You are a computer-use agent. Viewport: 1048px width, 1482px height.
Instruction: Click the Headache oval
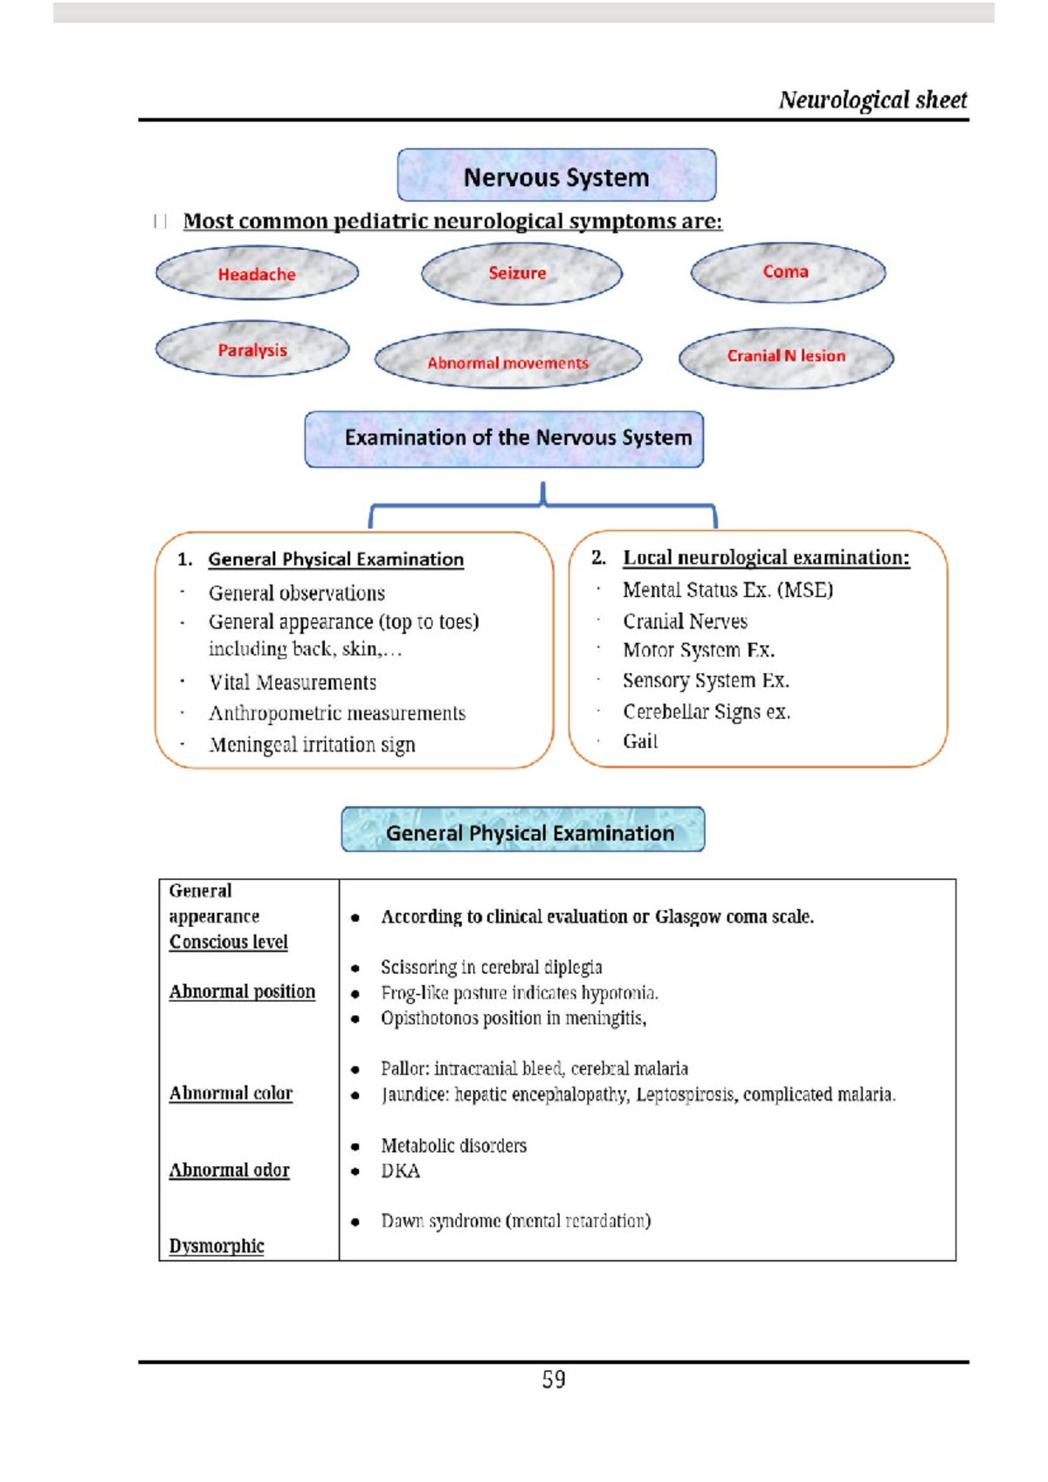point(257,274)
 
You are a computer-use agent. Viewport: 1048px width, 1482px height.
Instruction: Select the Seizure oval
point(521,273)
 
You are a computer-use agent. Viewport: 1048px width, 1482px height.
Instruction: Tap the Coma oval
point(788,272)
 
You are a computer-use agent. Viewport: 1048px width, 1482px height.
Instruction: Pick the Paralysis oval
point(252,350)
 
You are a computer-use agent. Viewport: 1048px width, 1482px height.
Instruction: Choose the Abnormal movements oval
point(507,360)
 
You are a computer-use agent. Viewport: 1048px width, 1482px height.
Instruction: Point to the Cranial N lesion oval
point(786,356)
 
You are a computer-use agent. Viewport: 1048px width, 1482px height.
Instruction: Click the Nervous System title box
point(556,176)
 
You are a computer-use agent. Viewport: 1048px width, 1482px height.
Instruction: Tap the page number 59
point(554,1379)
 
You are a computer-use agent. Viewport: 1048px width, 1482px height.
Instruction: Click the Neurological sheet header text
point(872,100)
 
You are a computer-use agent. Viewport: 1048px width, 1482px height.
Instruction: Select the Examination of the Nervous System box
point(504,438)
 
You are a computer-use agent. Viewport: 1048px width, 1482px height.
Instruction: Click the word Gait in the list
point(640,741)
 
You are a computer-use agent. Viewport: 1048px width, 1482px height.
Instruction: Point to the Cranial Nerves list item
point(685,621)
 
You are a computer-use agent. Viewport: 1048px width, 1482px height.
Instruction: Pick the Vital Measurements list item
point(293,683)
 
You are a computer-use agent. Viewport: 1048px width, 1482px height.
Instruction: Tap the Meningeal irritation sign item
point(312,744)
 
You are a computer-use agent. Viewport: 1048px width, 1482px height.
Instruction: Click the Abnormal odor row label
point(229,1170)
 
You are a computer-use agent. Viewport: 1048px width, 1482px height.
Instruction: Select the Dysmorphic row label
point(217,1245)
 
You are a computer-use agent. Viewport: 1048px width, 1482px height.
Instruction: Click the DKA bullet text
point(400,1170)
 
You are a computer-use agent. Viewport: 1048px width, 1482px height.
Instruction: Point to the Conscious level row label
point(229,942)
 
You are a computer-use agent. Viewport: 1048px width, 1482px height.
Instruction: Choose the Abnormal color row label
point(231,1093)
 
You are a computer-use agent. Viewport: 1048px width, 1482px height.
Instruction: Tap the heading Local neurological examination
point(766,558)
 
